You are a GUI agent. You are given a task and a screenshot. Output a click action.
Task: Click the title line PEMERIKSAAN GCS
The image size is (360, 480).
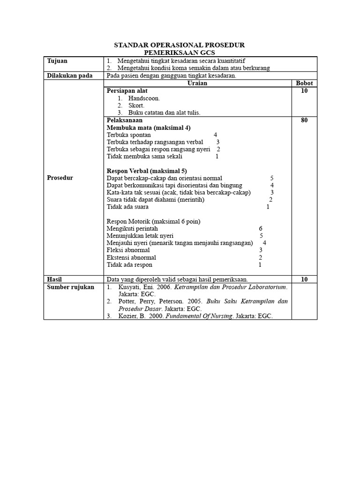[x=180, y=53]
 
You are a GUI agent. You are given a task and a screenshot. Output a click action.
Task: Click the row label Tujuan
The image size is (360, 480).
[x=57, y=61]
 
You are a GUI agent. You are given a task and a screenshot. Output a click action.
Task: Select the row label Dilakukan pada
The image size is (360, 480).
[x=69, y=75]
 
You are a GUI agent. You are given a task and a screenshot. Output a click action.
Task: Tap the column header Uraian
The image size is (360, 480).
[x=197, y=83]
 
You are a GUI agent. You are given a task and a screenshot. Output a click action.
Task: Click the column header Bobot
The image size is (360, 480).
[x=304, y=83]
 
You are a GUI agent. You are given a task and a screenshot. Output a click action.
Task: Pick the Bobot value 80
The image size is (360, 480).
[x=304, y=120]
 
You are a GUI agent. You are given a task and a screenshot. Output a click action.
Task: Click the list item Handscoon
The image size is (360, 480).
[x=144, y=98]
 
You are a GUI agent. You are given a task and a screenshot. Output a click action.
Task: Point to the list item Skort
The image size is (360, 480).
[x=136, y=105]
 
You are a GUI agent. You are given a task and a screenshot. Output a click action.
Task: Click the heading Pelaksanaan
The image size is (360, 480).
[x=124, y=120]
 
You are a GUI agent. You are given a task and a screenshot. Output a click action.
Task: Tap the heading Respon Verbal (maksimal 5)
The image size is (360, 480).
[x=147, y=171]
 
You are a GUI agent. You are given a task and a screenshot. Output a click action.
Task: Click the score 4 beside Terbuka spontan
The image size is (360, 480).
[x=215, y=135]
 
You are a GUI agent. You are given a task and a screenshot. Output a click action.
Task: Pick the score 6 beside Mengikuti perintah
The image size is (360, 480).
[x=261, y=228]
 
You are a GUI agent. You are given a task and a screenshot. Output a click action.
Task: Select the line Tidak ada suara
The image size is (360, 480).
[x=127, y=207]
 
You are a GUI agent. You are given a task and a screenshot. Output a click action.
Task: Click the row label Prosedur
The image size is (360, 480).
[x=60, y=178]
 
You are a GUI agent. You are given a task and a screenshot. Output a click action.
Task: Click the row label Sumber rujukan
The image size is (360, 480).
[x=70, y=287]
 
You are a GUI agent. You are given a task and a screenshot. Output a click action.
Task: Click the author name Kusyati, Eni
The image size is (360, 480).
[x=136, y=287]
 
